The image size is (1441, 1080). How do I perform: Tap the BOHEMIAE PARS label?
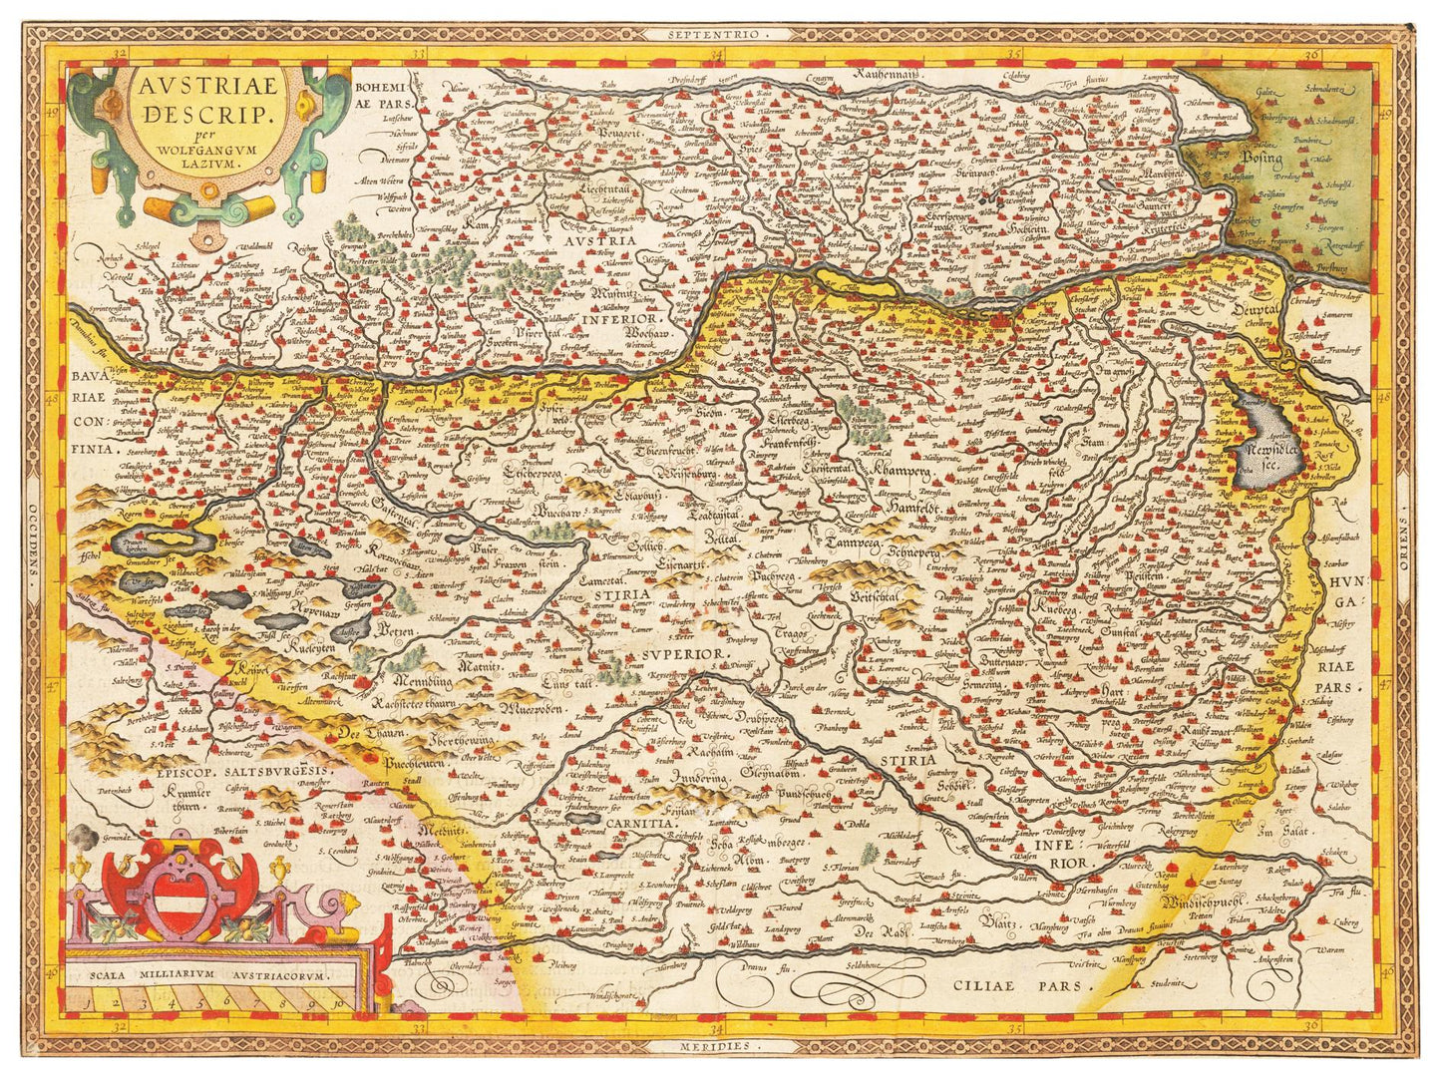(x=378, y=95)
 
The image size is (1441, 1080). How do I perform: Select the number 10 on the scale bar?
(x=339, y=1003)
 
